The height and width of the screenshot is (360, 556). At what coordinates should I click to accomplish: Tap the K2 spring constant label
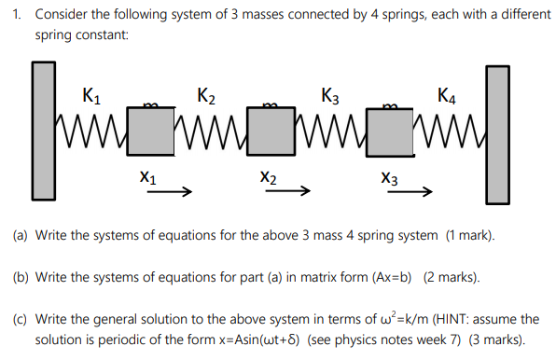207,95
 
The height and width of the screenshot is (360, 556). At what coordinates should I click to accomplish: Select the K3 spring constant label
329,95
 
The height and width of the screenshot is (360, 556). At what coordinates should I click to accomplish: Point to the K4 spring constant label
447,95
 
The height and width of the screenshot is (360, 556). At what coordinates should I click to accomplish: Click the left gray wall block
43,132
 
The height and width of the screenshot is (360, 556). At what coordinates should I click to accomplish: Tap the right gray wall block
498,134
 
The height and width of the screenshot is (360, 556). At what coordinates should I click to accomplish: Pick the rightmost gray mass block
393,132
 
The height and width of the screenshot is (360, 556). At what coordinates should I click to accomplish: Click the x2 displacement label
269,177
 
